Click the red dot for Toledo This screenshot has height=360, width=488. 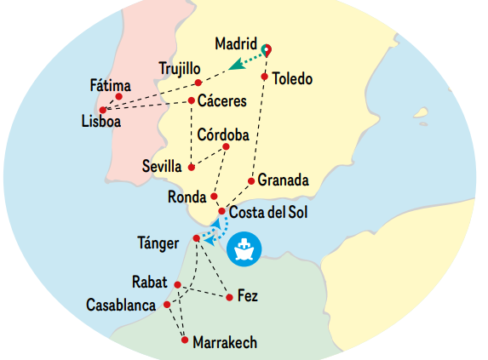click(265, 77)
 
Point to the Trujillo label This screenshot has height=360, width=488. click(180, 69)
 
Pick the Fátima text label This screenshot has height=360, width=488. click(111, 85)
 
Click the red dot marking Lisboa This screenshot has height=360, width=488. click(103, 110)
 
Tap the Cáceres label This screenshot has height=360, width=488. click(222, 101)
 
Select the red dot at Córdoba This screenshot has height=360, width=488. click(226, 146)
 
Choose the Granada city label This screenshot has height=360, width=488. click(283, 180)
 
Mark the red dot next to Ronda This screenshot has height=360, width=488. click(214, 197)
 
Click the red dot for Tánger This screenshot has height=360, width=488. click(197, 238)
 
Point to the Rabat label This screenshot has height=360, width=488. click(151, 282)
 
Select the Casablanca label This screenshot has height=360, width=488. click(121, 304)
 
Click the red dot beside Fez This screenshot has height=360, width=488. click(229, 297)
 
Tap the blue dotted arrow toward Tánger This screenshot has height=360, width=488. click(212, 230)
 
